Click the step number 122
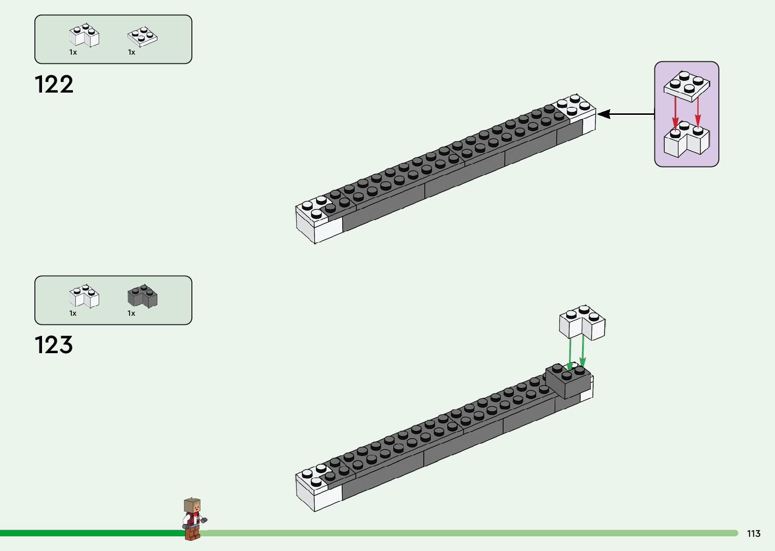[x=54, y=84]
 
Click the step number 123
[x=54, y=345]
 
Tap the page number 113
[x=753, y=534]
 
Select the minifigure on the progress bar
[x=193, y=519]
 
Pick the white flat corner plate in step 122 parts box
[x=142, y=36]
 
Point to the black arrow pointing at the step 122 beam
[x=625, y=114]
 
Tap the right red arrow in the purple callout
[x=698, y=111]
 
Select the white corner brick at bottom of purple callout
[x=686, y=140]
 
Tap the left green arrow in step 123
[x=570, y=353]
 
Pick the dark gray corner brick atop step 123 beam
[x=568, y=380]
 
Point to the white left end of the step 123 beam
[x=315, y=487]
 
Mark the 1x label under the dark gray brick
[x=131, y=313]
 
